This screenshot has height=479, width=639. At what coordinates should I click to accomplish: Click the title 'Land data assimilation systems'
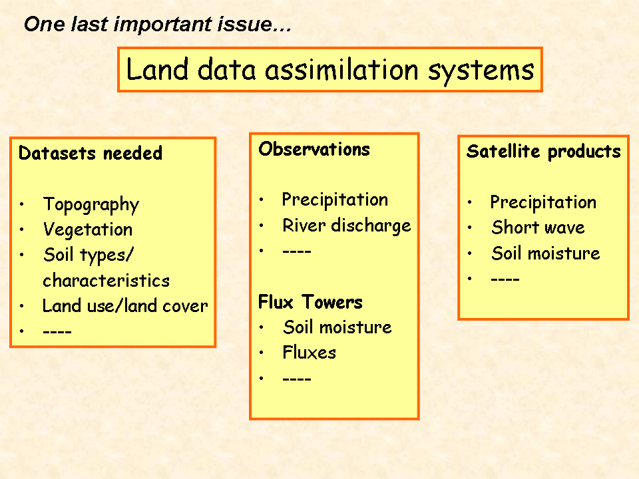point(330,70)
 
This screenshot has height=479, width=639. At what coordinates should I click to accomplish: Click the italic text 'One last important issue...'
point(158,24)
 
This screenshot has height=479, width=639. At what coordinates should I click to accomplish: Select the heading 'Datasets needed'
point(91,154)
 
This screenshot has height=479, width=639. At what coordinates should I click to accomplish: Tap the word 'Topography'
point(91,205)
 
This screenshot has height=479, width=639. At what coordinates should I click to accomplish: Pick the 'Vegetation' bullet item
point(88,230)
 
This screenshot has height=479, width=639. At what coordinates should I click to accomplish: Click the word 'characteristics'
point(106,281)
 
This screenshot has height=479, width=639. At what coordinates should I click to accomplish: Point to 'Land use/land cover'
point(125,306)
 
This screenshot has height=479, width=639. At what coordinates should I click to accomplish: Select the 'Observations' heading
point(314,149)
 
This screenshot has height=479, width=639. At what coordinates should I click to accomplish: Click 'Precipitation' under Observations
point(335,200)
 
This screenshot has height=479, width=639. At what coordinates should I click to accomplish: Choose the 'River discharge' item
point(347,226)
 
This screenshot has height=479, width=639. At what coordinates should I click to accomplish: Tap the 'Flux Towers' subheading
point(311,302)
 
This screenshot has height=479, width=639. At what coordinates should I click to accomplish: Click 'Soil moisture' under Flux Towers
point(337,327)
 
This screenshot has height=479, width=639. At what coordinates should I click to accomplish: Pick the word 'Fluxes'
point(310,353)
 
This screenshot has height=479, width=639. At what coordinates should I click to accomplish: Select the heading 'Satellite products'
point(544,152)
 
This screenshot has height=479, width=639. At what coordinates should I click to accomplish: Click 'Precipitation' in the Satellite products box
point(543,202)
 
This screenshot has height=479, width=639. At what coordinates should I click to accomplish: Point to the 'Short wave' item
point(538,228)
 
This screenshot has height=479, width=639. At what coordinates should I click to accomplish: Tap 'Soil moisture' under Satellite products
point(546,253)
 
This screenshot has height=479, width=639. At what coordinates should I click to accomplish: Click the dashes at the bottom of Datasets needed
point(57,332)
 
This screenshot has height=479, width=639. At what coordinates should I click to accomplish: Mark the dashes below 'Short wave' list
point(505,279)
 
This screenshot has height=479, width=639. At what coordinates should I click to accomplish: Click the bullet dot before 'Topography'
point(21,204)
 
